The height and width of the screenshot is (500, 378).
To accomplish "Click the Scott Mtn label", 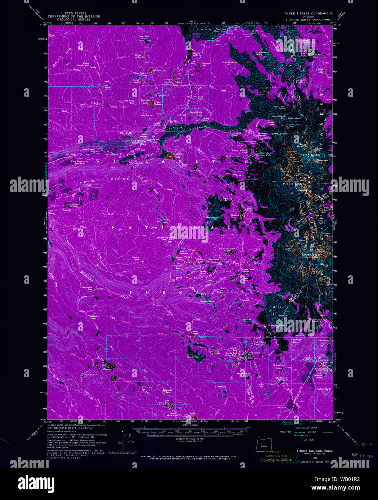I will click(144, 36).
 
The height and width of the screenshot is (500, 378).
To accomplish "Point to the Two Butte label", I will click(146, 115).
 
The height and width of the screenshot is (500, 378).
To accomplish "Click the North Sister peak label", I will click(310, 155).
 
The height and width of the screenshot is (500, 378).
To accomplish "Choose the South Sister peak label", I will click(312, 255).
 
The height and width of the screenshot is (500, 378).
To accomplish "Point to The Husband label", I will click(213, 218).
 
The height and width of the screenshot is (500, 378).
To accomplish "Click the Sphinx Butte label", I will click(207, 301).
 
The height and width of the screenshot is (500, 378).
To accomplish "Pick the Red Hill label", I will click(222, 386).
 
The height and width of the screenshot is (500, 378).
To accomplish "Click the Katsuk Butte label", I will click(324, 389).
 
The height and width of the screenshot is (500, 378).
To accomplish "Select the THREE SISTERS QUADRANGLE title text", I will click(308, 13).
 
